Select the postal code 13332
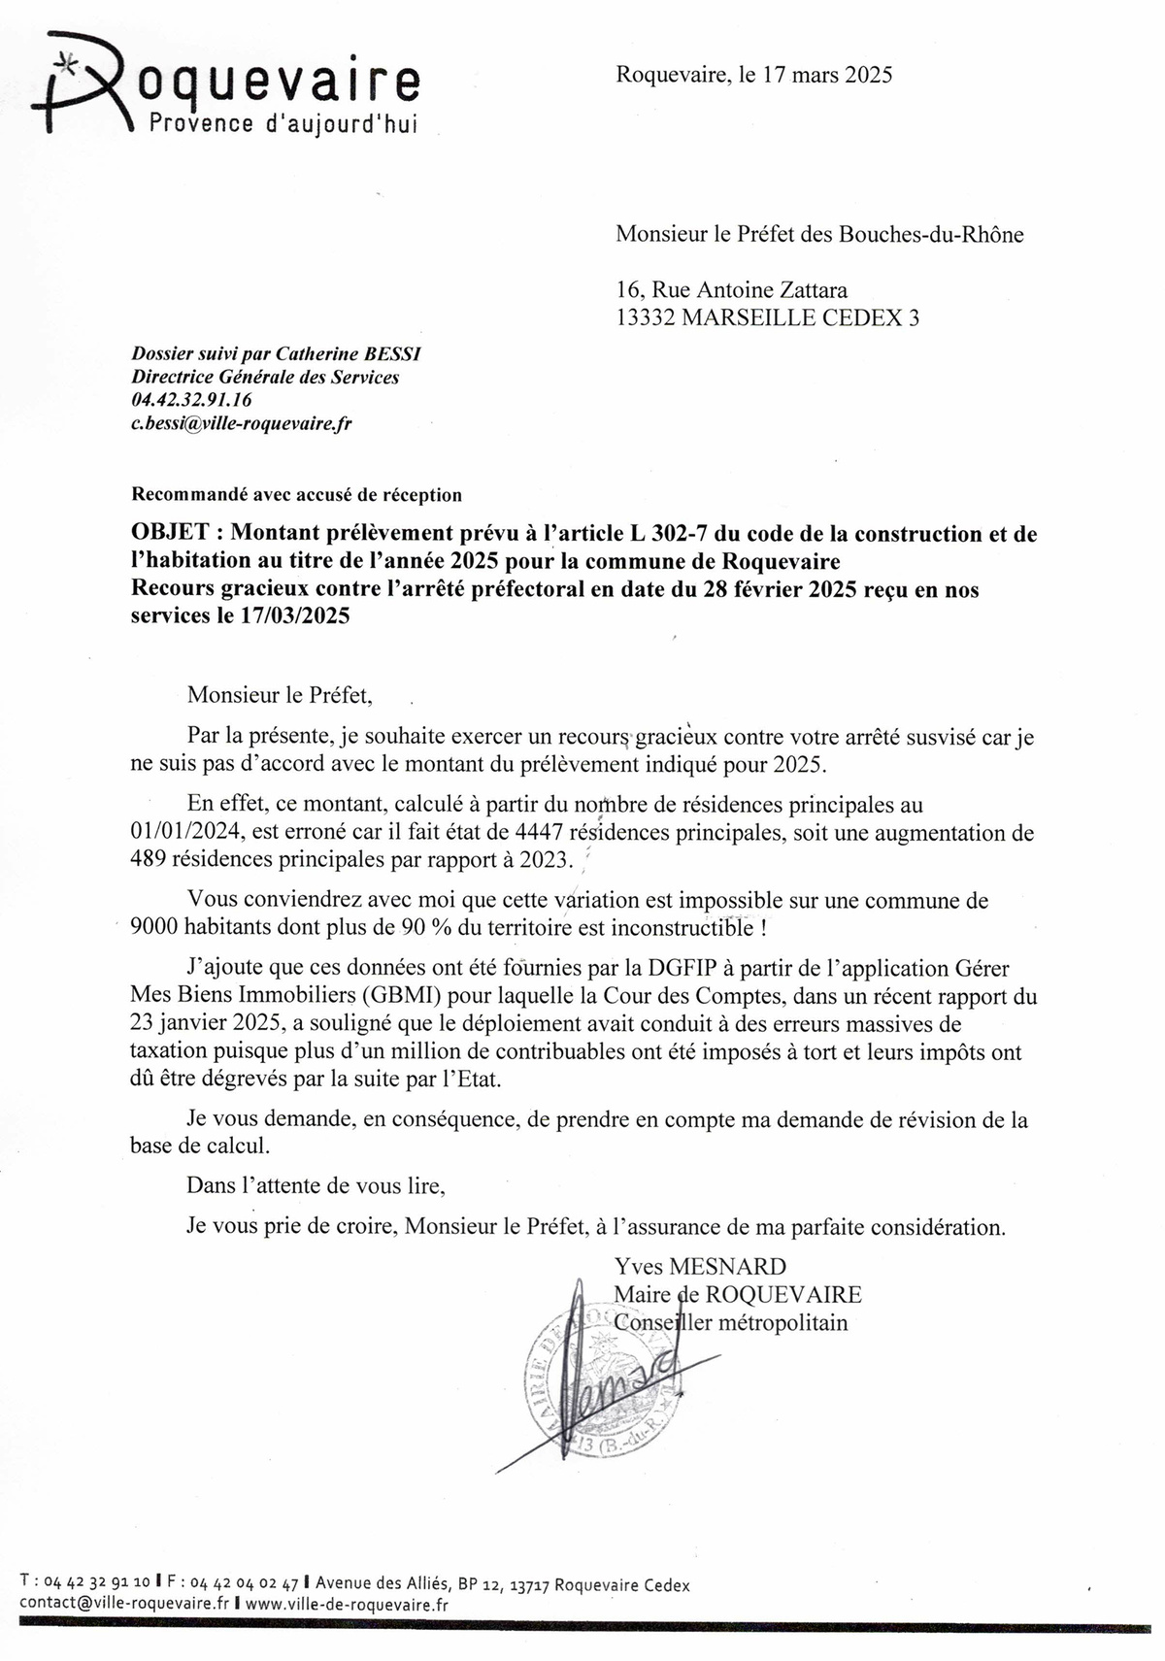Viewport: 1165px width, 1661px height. pyautogui.click(x=647, y=317)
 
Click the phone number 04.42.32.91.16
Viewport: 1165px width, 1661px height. pyautogui.click(x=192, y=400)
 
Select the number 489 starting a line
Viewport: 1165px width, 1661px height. pyautogui.click(x=148, y=860)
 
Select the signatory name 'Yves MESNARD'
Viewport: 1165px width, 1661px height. pyautogui.click(x=700, y=1266)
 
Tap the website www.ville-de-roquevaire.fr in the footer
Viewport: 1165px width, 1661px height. pyautogui.click(x=347, y=1605)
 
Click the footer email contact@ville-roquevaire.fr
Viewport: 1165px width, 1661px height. pyautogui.click(x=123, y=1605)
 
